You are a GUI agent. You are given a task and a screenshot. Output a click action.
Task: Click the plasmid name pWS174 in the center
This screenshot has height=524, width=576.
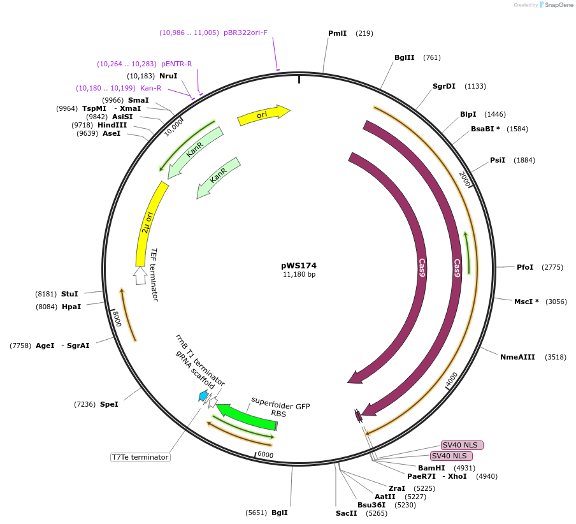(298, 265)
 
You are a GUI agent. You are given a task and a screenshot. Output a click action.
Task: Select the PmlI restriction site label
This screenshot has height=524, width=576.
(337, 33)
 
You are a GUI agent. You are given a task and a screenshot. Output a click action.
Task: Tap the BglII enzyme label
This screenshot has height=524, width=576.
(404, 57)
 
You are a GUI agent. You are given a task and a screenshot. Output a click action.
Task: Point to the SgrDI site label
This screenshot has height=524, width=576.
(444, 86)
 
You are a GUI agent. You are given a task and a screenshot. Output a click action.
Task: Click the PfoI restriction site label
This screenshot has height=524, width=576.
(525, 267)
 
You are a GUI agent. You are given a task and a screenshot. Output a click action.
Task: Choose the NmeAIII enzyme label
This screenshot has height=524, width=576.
(517, 357)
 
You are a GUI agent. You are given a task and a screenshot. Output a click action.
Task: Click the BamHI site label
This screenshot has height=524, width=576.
(431, 468)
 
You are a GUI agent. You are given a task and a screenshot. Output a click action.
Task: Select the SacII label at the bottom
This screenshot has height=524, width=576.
(347, 513)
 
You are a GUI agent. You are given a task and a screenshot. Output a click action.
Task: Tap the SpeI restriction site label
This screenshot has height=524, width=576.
(109, 404)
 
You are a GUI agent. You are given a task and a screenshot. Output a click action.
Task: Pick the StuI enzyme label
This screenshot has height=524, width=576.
(69, 294)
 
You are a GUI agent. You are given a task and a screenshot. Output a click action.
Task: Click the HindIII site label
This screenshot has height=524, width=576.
(112, 125)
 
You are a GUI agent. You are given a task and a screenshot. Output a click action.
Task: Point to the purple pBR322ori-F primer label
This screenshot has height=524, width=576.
(245, 33)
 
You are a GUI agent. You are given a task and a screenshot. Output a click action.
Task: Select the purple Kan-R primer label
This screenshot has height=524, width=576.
(150, 88)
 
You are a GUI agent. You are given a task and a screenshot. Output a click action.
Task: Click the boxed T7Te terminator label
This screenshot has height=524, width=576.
(140, 457)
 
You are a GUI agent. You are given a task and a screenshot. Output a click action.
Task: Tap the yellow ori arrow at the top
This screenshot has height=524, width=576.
(263, 115)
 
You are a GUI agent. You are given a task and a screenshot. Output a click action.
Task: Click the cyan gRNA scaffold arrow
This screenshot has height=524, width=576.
(203, 397)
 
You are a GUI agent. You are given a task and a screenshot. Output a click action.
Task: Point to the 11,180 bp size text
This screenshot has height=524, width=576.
(299, 275)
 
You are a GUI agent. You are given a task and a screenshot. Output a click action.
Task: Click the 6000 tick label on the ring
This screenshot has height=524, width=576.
(265, 455)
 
